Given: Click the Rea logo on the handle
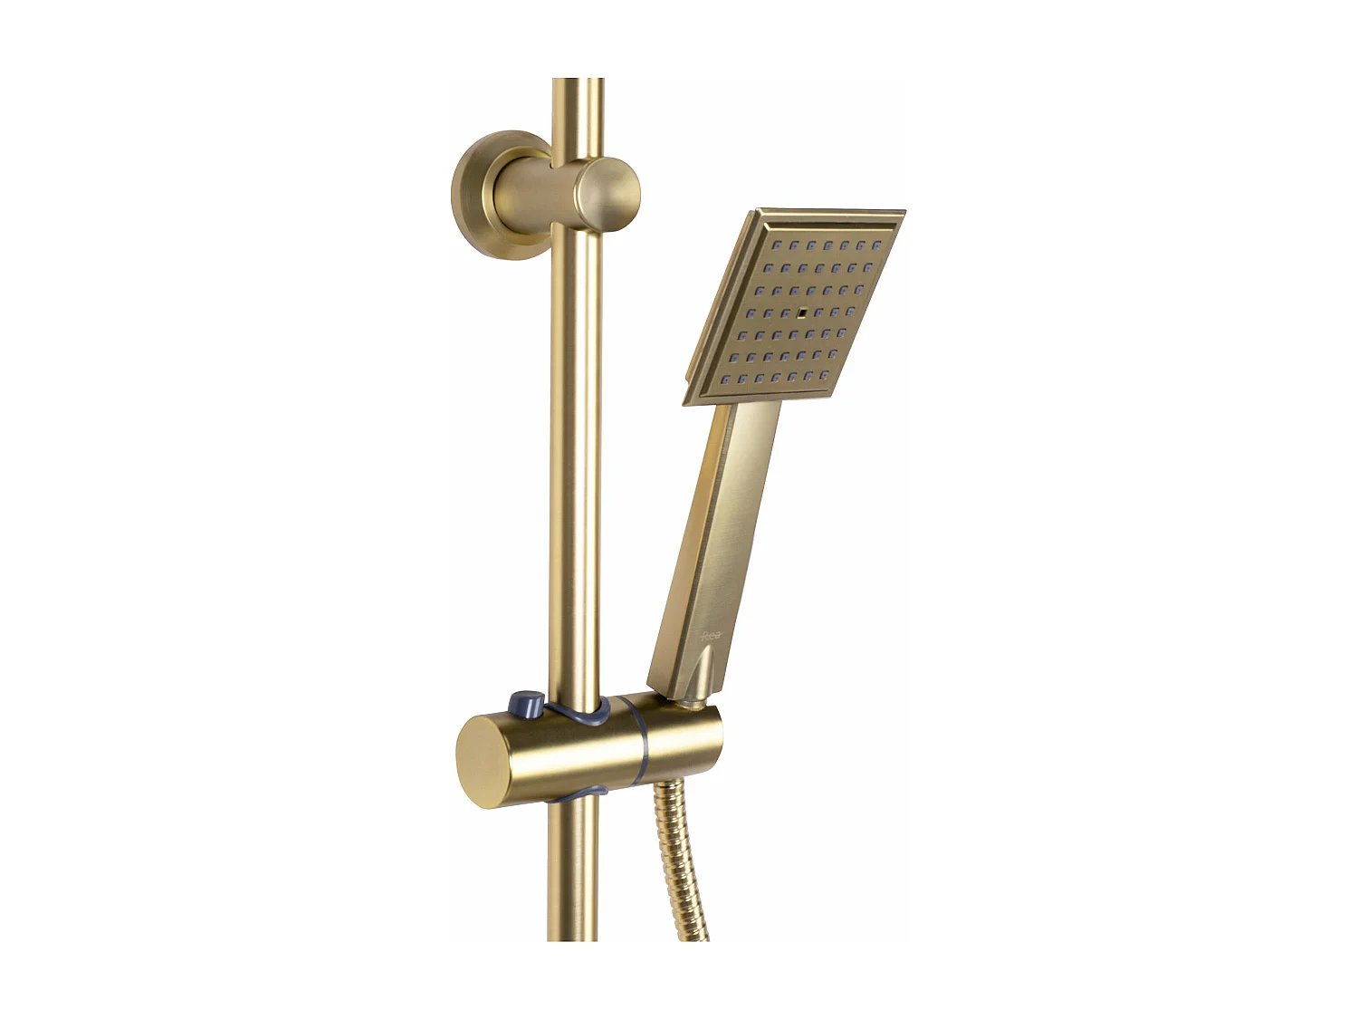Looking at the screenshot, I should click(x=712, y=637).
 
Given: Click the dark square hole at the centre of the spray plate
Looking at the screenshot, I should click(x=802, y=312).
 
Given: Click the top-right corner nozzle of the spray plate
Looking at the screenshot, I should click(x=875, y=245).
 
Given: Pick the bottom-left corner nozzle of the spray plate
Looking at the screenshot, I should click(x=723, y=378).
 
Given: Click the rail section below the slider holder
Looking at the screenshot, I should click(x=572, y=870).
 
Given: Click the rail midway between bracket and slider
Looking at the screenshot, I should click(x=575, y=471).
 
